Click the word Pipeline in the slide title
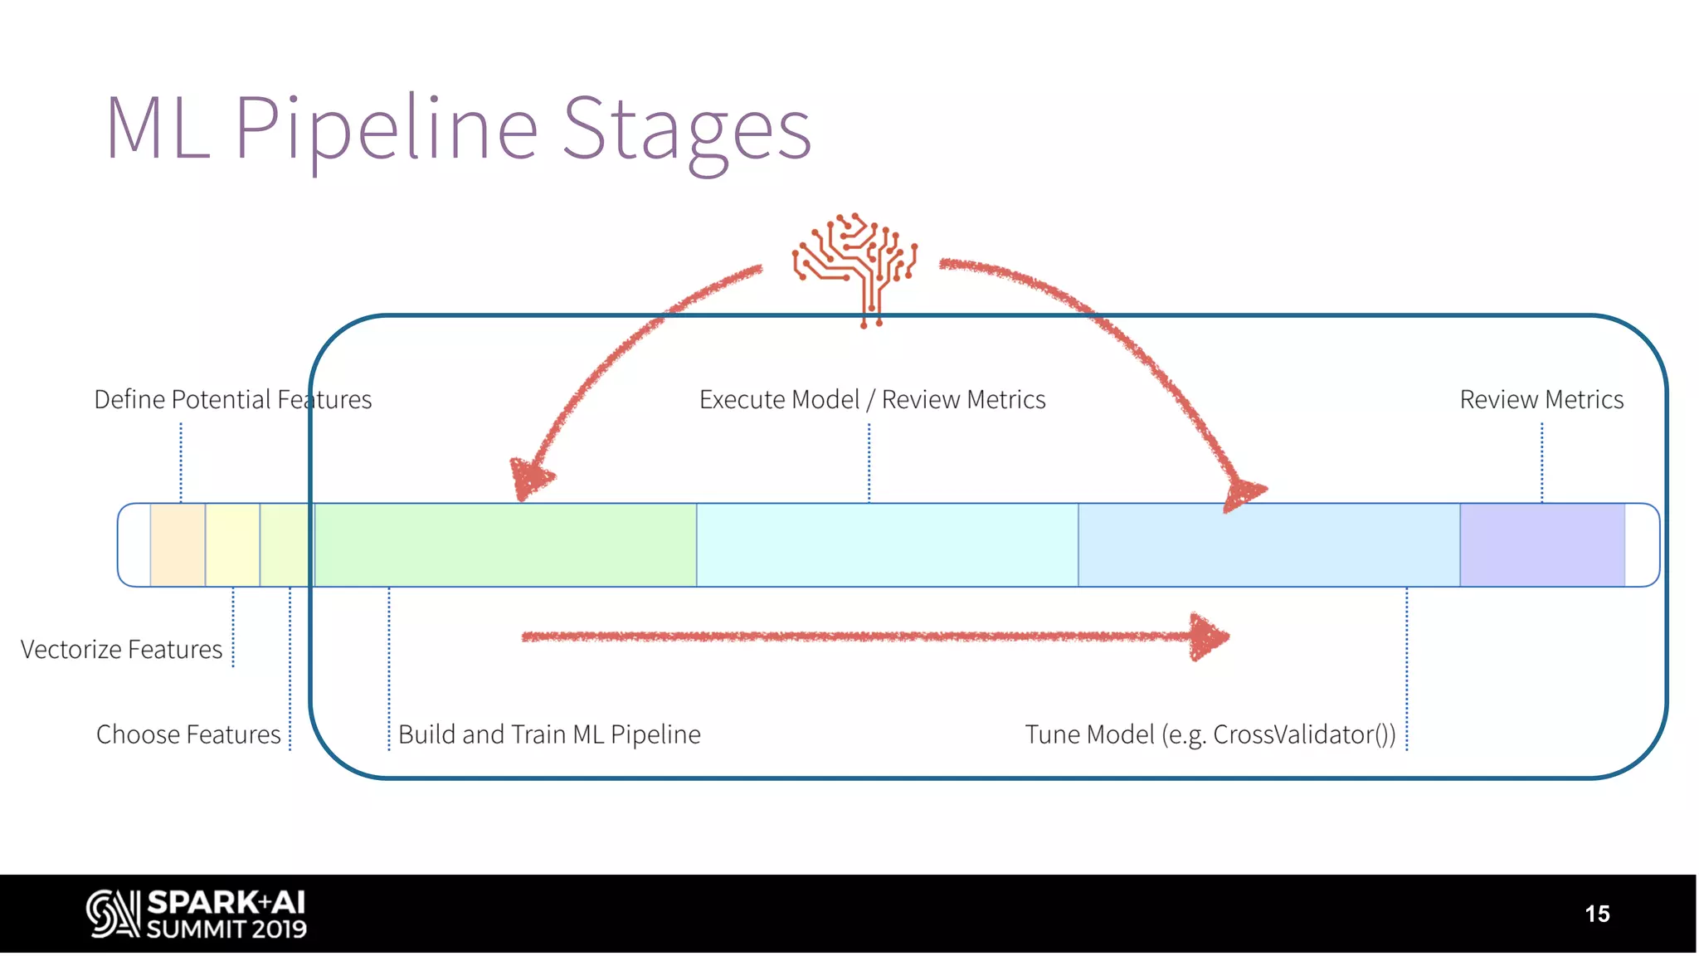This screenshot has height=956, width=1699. (x=387, y=129)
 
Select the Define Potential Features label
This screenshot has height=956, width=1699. (x=232, y=399)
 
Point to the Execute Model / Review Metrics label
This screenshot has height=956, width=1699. (x=872, y=399)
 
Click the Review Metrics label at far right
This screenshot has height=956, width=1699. (x=1541, y=399)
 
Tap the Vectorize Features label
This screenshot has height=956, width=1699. (x=121, y=649)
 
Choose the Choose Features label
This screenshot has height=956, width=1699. (x=188, y=734)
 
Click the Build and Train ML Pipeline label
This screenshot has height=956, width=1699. (x=549, y=734)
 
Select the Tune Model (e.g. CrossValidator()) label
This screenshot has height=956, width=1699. (x=1210, y=734)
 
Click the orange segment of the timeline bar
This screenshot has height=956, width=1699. (x=178, y=544)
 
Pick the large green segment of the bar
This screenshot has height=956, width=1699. (x=505, y=544)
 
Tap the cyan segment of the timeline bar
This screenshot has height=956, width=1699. (x=887, y=544)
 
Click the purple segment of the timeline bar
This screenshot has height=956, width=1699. (x=1541, y=544)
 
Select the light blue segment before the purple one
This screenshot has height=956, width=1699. (x=1268, y=544)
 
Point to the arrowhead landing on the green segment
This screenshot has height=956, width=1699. (x=528, y=479)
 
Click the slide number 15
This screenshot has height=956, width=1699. (x=1596, y=914)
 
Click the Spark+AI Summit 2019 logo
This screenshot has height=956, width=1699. (x=197, y=914)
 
